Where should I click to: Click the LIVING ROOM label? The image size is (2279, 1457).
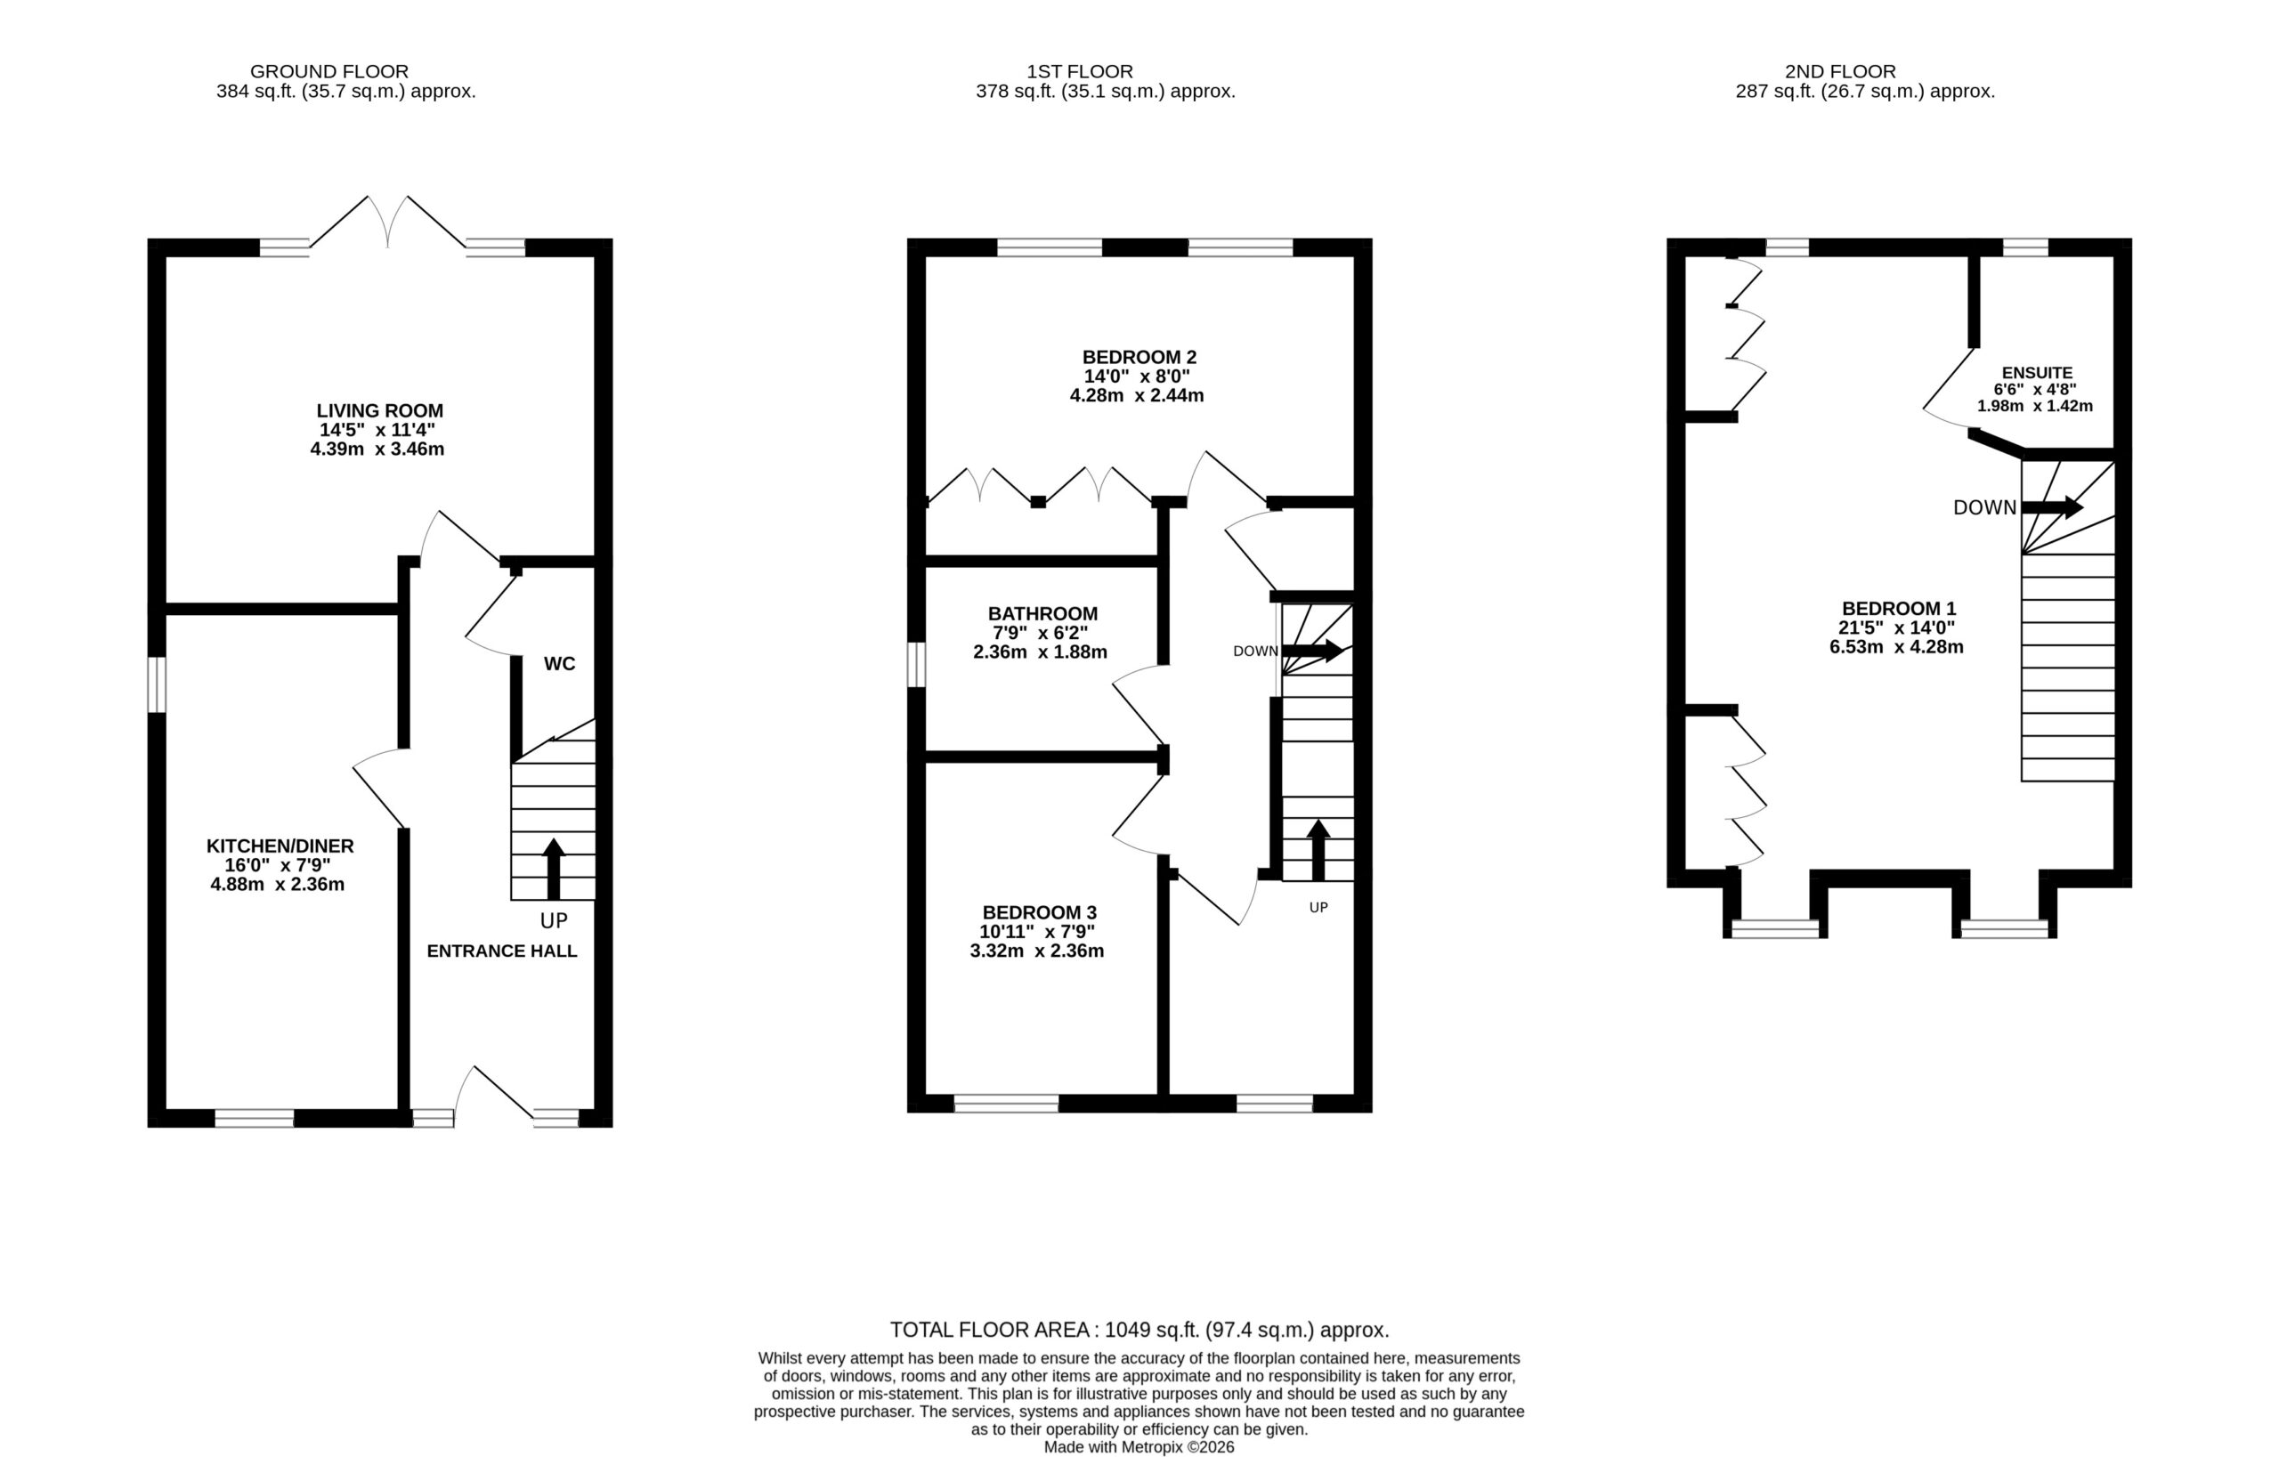coord(379,410)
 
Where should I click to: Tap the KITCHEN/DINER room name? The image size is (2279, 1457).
coord(280,846)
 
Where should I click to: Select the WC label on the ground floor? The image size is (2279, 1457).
coord(559,664)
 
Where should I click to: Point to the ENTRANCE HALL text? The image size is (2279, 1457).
coord(501,951)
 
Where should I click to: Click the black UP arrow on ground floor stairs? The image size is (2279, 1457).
coord(554,869)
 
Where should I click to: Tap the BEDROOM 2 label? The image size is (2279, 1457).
coord(1139,357)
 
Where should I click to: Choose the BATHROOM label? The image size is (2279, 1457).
coord(1043,613)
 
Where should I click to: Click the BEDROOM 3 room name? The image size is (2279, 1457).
coord(1039,912)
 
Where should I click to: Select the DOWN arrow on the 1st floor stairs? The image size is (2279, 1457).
coord(1311,651)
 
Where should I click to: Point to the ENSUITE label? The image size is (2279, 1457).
coord(2037,374)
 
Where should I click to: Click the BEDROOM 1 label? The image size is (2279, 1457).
coord(1899,609)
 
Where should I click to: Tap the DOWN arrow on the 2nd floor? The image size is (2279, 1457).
coord(2052,507)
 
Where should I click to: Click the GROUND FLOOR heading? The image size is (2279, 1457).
coord(329,71)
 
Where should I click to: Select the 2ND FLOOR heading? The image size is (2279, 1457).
coord(1841,71)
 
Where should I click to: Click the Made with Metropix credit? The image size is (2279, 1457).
coord(1139,1446)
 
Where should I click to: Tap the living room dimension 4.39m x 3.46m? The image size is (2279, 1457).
coord(377,449)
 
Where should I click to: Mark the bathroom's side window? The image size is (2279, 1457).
coord(916,665)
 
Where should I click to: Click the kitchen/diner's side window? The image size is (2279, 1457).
coord(157,684)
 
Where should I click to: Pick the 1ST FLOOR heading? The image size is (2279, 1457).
coord(1080,71)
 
